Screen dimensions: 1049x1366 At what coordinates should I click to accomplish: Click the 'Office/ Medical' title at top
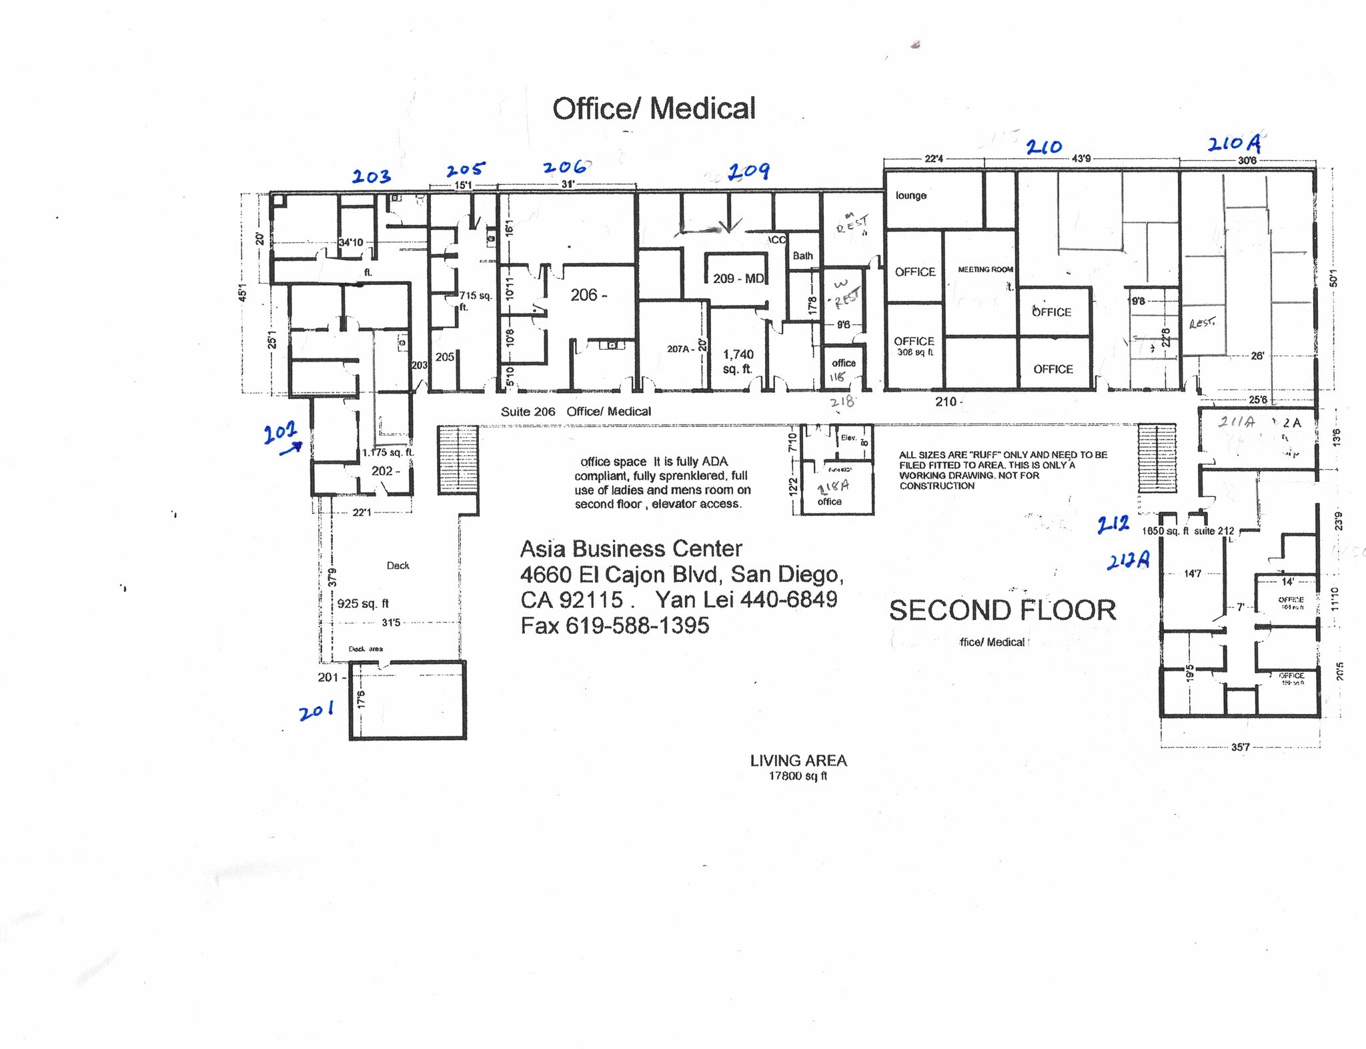click(x=654, y=109)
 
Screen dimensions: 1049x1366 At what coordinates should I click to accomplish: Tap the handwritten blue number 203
click(x=372, y=177)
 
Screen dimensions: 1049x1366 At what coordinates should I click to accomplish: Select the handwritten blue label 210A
click(x=1234, y=143)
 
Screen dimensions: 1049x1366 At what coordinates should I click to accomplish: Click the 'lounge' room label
click(x=910, y=196)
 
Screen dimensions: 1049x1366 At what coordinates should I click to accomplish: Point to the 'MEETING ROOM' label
click(x=985, y=270)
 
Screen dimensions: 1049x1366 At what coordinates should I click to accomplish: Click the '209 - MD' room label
click(x=738, y=278)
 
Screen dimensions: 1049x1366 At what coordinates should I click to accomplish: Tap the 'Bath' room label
click(x=802, y=256)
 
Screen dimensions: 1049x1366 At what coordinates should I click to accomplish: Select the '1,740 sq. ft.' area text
click(x=738, y=362)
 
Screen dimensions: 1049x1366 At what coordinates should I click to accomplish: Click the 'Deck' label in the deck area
click(x=398, y=565)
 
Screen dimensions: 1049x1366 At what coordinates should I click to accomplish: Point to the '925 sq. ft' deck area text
click(x=363, y=603)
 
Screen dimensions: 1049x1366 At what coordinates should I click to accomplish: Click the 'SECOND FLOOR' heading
click(x=1002, y=611)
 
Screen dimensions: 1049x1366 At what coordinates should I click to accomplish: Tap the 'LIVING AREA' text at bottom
click(x=798, y=761)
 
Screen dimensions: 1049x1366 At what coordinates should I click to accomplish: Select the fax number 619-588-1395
click(x=637, y=625)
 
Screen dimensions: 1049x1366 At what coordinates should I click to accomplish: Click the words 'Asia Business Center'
click(x=630, y=549)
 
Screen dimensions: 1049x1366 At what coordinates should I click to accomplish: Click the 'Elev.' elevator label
click(x=848, y=438)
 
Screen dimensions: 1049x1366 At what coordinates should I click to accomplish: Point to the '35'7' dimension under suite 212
click(x=1240, y=747)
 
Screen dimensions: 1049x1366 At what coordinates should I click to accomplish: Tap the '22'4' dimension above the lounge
click(x=933, y=159)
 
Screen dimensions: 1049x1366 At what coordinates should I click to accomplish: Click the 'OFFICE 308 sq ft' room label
click(x=914, y=346)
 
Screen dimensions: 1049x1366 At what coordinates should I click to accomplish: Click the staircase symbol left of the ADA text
click(x=458, y=460)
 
